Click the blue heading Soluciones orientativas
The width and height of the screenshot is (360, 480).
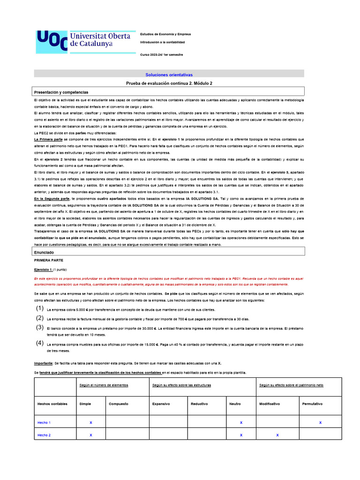(169, 75)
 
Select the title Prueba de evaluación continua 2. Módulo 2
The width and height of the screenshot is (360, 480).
(169, 83)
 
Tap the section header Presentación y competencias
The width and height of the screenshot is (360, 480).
(61, 92)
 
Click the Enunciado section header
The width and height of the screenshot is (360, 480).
(45, 252)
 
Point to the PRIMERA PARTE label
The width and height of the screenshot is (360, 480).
(49, 260)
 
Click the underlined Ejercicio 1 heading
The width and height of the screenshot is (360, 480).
(44, 270)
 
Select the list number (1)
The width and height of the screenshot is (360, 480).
(40, 308)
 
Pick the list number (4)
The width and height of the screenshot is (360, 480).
(40, 343)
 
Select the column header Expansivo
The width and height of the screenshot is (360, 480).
(161, 404)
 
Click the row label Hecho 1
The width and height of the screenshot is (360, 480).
(44, 422)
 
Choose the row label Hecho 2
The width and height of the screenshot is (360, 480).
(44, 435)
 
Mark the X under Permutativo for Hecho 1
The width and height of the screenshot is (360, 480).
(320, 422)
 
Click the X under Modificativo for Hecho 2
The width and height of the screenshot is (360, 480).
(277, 435)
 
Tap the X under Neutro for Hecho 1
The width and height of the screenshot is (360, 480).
(241, 422)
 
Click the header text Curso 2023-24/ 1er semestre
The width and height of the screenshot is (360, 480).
(162, 55)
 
